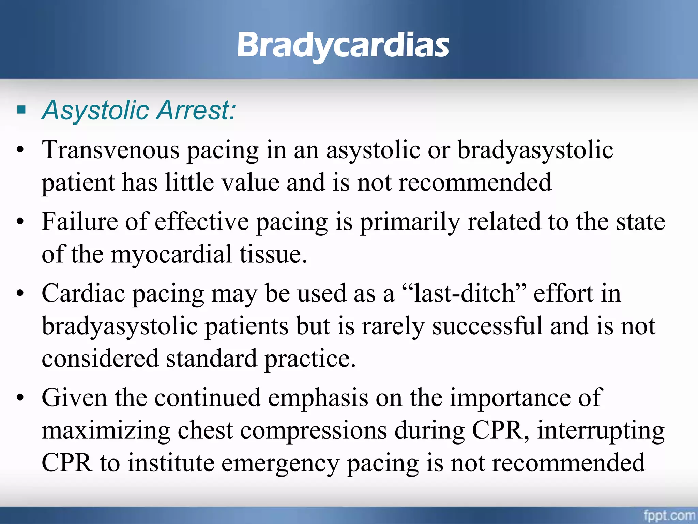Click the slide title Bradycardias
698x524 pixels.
coord(343,45)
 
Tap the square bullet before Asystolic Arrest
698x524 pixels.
coord(21,110)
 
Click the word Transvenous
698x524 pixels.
coord(110,150)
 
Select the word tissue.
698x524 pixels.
coord(273,254)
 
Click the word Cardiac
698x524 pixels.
coord(83,293)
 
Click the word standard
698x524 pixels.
coord(211,359)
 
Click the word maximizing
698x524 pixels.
coord(106,431)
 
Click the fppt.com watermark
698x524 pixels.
coord(669,515)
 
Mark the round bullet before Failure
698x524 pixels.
coord(20,222)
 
